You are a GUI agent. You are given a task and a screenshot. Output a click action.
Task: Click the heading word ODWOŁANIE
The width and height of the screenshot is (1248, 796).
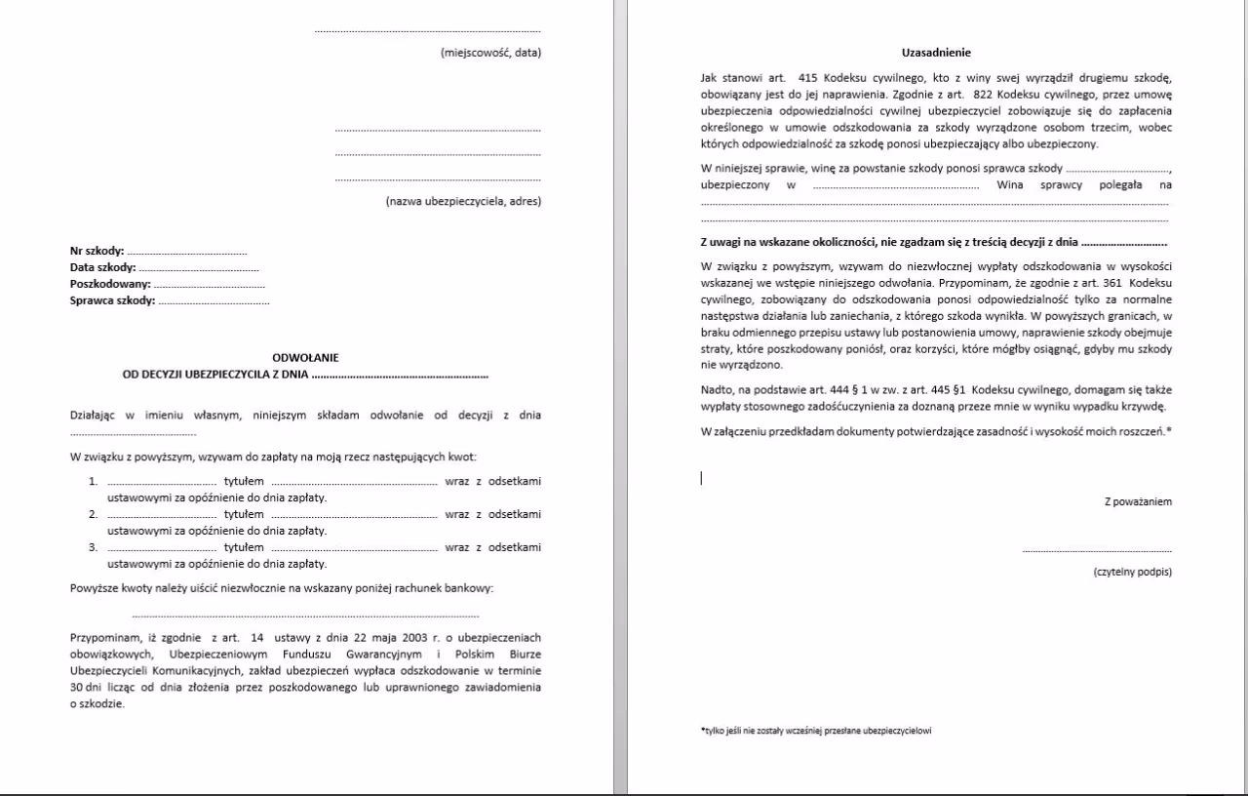305,358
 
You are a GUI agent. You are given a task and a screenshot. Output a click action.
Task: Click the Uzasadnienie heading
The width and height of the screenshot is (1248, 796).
936,53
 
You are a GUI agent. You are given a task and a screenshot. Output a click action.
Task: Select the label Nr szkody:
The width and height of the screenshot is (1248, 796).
97,251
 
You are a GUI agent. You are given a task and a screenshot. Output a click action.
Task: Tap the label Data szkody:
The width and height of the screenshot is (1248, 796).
102,267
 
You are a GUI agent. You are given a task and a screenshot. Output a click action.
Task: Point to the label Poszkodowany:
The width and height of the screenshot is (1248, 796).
110,284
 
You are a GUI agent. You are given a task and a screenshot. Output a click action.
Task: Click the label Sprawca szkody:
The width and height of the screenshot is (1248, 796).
112,300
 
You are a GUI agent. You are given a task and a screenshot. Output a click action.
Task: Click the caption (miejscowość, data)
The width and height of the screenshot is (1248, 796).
490,53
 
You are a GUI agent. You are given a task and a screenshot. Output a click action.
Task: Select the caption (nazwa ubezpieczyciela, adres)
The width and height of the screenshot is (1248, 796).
463,202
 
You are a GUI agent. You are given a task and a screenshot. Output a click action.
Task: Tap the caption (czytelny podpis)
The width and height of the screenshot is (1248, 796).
1133,572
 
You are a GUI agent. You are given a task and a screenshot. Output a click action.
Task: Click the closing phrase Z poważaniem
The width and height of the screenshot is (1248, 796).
1138,501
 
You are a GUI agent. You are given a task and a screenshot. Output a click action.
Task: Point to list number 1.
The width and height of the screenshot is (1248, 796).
94,481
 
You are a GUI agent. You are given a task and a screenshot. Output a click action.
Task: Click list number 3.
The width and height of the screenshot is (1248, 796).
94,547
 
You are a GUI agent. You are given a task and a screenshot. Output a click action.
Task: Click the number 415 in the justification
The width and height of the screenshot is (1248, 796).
806,77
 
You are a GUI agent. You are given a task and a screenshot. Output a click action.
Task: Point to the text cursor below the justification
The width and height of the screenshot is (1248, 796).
701,478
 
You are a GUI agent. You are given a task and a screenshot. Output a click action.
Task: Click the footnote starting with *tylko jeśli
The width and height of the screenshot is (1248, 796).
815,731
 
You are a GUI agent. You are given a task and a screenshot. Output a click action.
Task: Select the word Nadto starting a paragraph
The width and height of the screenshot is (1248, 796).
717,390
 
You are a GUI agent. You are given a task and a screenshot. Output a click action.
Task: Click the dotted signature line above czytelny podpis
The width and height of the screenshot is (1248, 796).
1097,552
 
